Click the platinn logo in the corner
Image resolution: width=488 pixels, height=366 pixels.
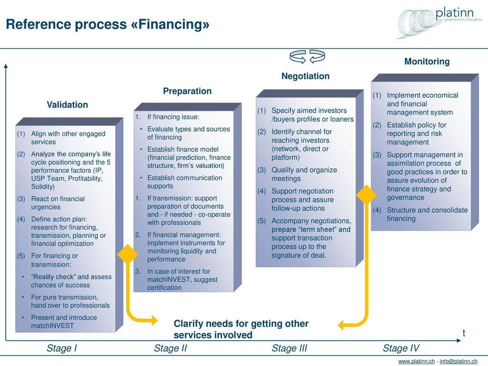pos(439,22)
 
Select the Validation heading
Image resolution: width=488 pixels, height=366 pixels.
pos(67,104)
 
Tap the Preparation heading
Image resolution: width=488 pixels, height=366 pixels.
pos(187,91)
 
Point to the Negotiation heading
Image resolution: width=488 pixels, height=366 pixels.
pos(305,76)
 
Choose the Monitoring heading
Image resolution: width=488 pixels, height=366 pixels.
pos(427,61)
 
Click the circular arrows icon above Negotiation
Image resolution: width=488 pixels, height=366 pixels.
pos(307,56)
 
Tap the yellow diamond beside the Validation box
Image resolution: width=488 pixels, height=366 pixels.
pos(127,254)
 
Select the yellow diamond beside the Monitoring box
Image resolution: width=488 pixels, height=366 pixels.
pos(366,195)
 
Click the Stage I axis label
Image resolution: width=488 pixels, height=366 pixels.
pos(61,348)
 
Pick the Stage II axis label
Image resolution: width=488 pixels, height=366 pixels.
pos(170,348)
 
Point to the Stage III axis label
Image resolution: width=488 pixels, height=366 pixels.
pos(289,348)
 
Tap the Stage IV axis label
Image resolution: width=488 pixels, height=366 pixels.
pos(401,348)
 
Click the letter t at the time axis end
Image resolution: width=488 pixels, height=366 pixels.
pos(464,333)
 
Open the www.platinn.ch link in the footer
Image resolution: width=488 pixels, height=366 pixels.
pos(417,361)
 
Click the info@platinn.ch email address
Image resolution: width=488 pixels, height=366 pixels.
pos(458,361)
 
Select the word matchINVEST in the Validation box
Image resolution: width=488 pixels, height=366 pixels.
pos(52,326)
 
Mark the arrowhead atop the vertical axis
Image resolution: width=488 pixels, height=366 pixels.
pos(6,66)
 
